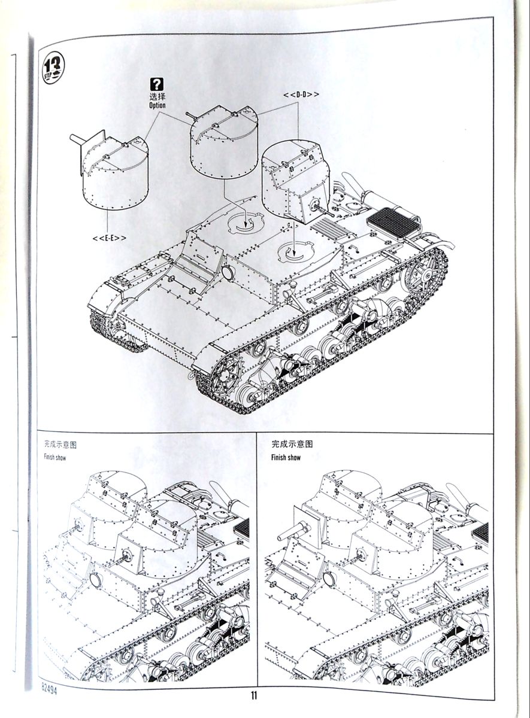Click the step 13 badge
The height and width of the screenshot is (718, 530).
[x=55, y=68]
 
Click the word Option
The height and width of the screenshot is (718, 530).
[x=158, y=105]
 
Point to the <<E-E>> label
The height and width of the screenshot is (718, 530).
[x=110, y=238]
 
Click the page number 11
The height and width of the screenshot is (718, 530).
[x=254, y=695]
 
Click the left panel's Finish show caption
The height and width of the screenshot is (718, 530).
[x=54, y=458]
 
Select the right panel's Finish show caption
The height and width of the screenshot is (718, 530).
[x=286, y=458]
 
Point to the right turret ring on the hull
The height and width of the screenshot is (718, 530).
[x=295, y=251]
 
